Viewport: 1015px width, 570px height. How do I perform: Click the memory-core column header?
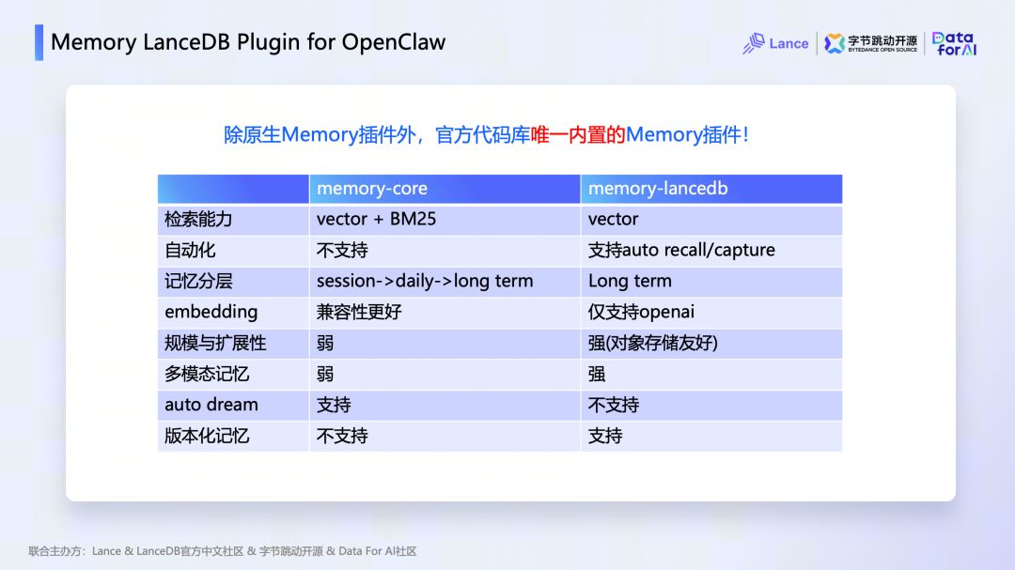[x=372, y=188]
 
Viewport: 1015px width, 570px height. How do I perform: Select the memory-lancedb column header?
[x=658, y=188]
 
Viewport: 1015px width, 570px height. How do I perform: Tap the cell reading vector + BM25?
[x=376, y=220]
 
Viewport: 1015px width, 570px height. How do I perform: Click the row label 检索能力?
[x=198, y=220]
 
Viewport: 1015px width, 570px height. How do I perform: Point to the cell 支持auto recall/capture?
[x=681, y=251]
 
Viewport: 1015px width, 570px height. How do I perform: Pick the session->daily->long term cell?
[x=425, y=281]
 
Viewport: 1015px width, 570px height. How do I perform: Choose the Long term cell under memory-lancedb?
[x=630, y=281]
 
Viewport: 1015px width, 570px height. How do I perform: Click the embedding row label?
[x=211, y=312]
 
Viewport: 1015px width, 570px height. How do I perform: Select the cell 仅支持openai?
[x=641, y=312]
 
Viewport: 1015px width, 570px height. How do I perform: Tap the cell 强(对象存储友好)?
[x=653, y=343]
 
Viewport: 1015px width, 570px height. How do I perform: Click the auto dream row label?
[x=211, y=405]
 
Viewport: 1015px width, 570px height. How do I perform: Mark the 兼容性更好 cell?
[x=359, y=312]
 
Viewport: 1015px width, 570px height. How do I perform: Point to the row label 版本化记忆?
[x=207, y=436]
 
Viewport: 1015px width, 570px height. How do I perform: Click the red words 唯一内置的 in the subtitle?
[x=578, y=134]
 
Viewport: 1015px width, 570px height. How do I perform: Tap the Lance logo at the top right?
[x=775, y=43]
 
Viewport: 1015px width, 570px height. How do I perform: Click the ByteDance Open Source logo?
[x=870, y=43]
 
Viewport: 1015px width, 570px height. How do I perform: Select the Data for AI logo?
[x=954, y=43]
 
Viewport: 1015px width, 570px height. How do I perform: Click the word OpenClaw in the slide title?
[x=394, y=42]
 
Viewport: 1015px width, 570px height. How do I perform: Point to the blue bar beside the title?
[x=39, y=42]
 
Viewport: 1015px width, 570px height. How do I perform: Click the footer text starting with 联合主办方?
[x=223, y=551]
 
